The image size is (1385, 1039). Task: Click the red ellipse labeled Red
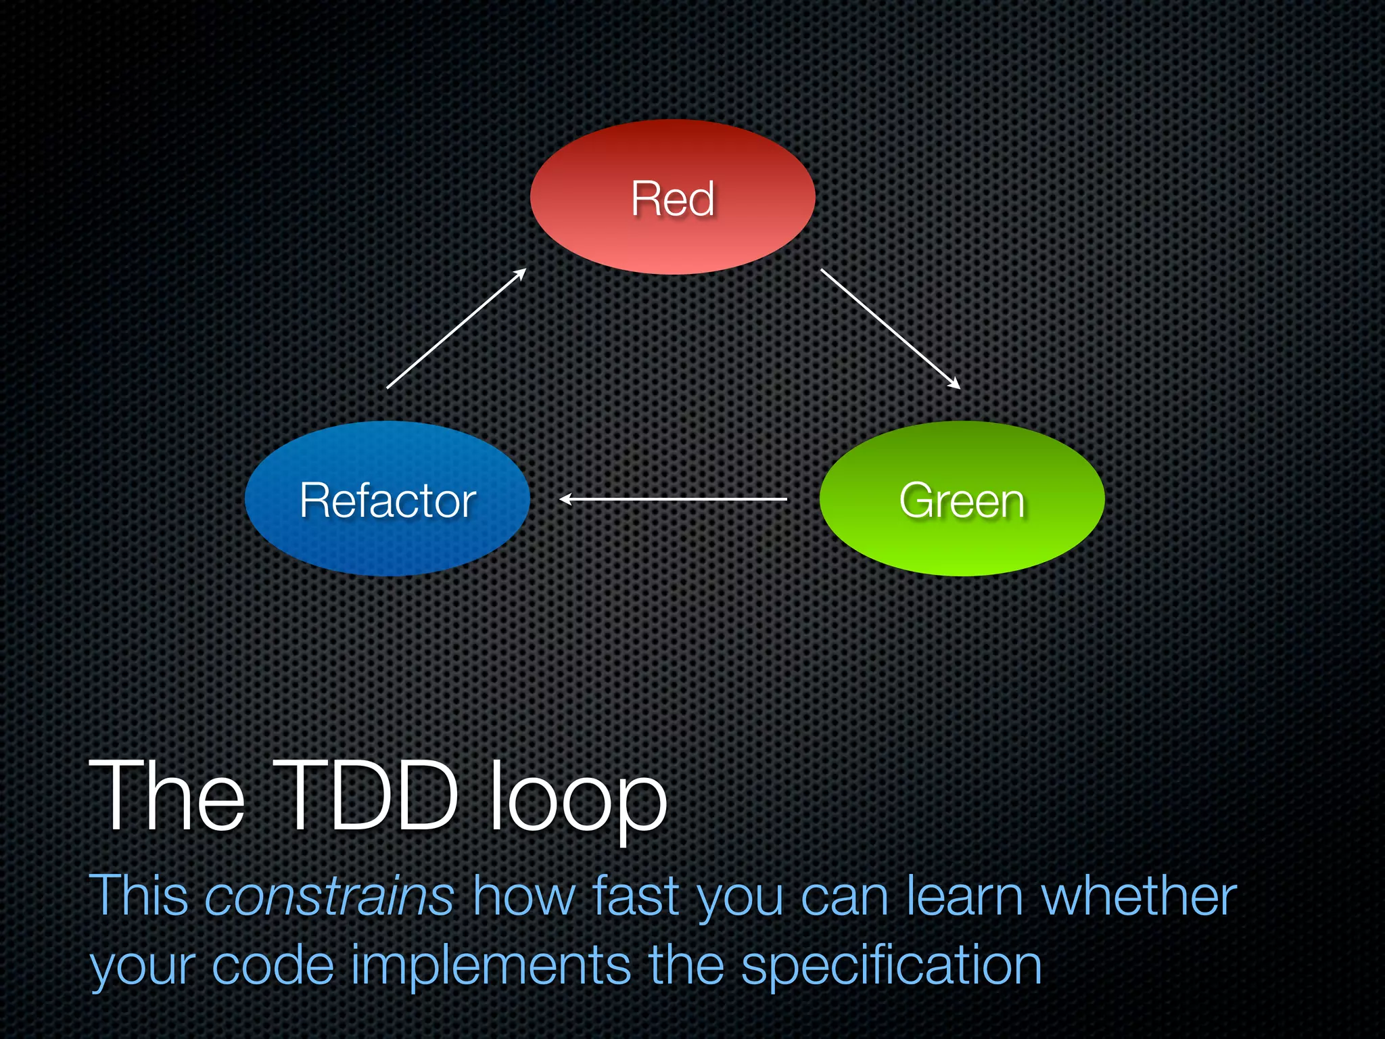(x=672, y=198)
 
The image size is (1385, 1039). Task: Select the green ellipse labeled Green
(x=962, y=499)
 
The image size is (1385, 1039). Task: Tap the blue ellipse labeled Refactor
(x=387, y=499)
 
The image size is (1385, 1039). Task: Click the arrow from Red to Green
(x=889, y=328)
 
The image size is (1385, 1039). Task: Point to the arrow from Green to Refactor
(x=673, y=499)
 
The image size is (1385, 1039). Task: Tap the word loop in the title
(x=578, y=798)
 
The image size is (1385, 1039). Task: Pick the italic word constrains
(x=329, y=897)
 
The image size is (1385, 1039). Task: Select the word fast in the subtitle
(x=635, y=896)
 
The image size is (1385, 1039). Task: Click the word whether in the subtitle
(x=1139, y=896)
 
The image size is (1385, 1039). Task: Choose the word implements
(x=491, y=967)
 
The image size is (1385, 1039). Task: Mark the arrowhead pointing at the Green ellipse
(x=955, y=384)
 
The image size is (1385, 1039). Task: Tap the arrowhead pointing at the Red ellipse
(x=521, y=273)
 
